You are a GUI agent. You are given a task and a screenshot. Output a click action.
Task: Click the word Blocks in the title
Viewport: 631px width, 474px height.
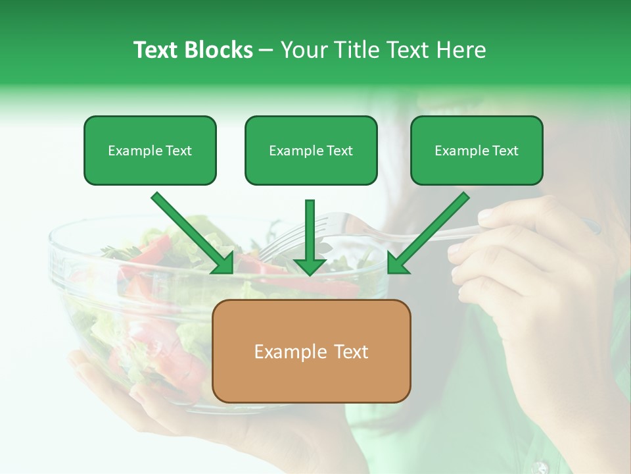[220, 50]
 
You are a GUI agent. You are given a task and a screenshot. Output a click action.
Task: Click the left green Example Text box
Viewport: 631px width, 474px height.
[150, 150]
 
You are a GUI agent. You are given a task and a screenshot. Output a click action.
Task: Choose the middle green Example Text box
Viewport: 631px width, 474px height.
[311, 150]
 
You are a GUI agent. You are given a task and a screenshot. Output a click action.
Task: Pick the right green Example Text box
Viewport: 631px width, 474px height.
[477, 150]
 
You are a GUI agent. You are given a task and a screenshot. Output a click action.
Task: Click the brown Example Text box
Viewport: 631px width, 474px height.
[312, 351]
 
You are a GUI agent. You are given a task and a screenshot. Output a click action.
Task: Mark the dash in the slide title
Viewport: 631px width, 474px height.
[266, 51]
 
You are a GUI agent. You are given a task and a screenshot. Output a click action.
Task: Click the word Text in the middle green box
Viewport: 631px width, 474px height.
[340, 151]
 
